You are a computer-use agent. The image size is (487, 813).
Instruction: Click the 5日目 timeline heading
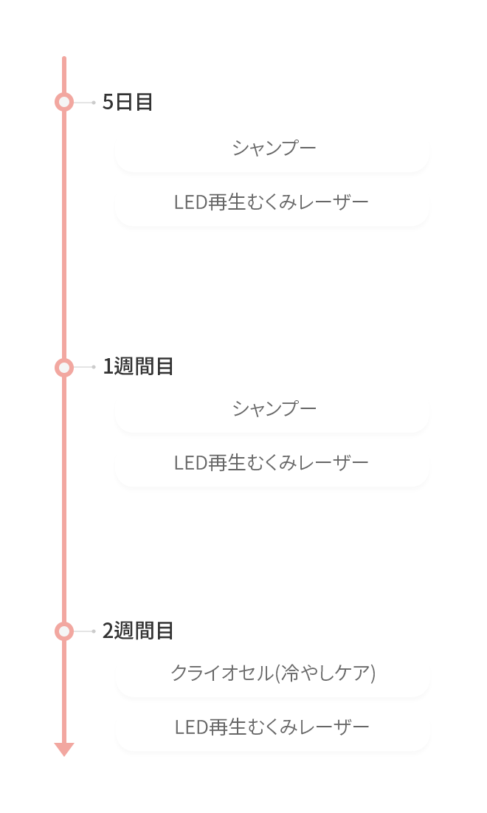coord(128,102)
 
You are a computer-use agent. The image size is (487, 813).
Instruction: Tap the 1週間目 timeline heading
coord(138,366)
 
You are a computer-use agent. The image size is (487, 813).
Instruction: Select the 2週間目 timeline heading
coord(138,631)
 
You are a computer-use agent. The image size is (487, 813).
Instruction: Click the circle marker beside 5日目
coord(64,102)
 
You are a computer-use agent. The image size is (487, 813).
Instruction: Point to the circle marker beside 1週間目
coord(64,367)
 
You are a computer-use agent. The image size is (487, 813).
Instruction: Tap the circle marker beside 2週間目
coord(64,631)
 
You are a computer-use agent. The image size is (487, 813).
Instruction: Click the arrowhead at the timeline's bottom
coord(64,749)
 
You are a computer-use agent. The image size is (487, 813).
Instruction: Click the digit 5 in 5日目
coord(108,102)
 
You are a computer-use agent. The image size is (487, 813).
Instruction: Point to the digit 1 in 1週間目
coord(108,366)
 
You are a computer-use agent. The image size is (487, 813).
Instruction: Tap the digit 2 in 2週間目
coord(108,631)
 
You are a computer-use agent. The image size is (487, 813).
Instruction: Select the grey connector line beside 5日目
coord(84,103)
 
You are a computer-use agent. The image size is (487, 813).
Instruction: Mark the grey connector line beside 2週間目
coord(84,631)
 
